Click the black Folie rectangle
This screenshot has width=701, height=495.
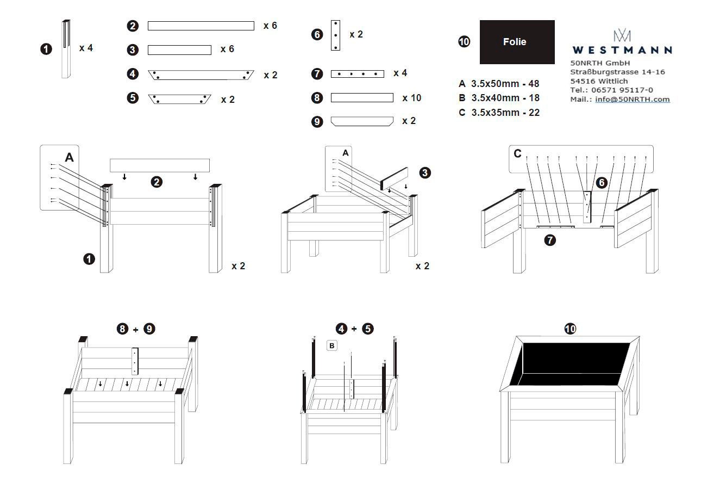517,42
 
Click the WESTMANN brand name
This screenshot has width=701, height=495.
622,50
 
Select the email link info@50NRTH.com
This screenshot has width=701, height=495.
633,99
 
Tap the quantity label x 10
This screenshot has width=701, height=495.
411,98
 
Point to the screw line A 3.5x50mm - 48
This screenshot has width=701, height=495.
499,84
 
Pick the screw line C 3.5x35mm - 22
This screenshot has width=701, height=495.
499,113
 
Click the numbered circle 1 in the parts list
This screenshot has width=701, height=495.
46,49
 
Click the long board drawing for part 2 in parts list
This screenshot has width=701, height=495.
201,26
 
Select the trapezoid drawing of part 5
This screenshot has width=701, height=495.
179,99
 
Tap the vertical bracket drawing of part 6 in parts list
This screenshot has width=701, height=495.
335,35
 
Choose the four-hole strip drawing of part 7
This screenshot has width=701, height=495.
357,74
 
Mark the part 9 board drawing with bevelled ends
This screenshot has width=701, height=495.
362,121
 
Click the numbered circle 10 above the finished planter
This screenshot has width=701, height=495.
570,329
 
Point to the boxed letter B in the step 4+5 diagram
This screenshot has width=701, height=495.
332,345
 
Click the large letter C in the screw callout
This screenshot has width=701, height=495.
517,154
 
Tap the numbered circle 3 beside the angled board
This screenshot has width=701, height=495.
425,173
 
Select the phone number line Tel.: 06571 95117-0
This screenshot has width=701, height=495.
611,90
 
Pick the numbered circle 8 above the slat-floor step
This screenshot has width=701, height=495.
123,329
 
